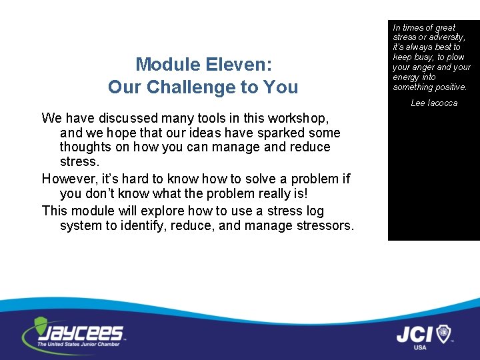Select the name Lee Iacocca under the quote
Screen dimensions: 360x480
[434, 103]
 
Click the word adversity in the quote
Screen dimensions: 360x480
[441, 37]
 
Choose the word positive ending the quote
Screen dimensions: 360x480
[451, 87]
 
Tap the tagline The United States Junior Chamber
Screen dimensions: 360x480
[79, 345]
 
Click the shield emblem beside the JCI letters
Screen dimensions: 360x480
[443, 333]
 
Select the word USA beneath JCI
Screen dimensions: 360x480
[420, 347]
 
